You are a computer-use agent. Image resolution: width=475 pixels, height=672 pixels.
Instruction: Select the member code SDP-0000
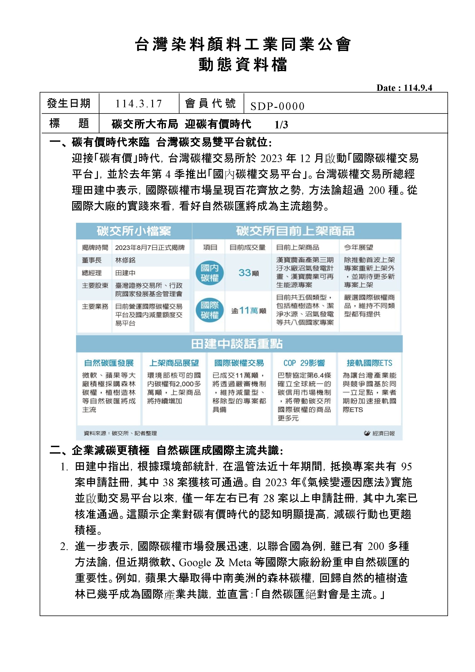point(277,106)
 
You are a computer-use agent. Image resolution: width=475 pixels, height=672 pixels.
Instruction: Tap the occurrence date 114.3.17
point(138,104)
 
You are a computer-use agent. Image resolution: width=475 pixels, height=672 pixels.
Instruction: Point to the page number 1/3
point(281,125)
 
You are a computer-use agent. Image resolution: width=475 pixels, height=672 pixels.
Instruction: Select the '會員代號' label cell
point(210,103)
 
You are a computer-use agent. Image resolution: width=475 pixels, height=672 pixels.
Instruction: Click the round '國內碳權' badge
point(210,273)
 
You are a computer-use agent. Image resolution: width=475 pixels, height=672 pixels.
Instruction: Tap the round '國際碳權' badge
point(210,310)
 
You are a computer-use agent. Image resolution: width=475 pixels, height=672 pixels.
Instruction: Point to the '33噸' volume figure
point(248,273)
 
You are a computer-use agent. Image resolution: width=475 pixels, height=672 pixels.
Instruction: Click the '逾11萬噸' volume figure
point(248,311)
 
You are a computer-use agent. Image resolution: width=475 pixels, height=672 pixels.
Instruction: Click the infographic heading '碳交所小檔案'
point(134,231)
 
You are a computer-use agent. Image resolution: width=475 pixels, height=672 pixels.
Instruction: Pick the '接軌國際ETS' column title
point(369,363)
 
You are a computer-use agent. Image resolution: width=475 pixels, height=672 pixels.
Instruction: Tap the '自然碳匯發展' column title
point(109,363)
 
